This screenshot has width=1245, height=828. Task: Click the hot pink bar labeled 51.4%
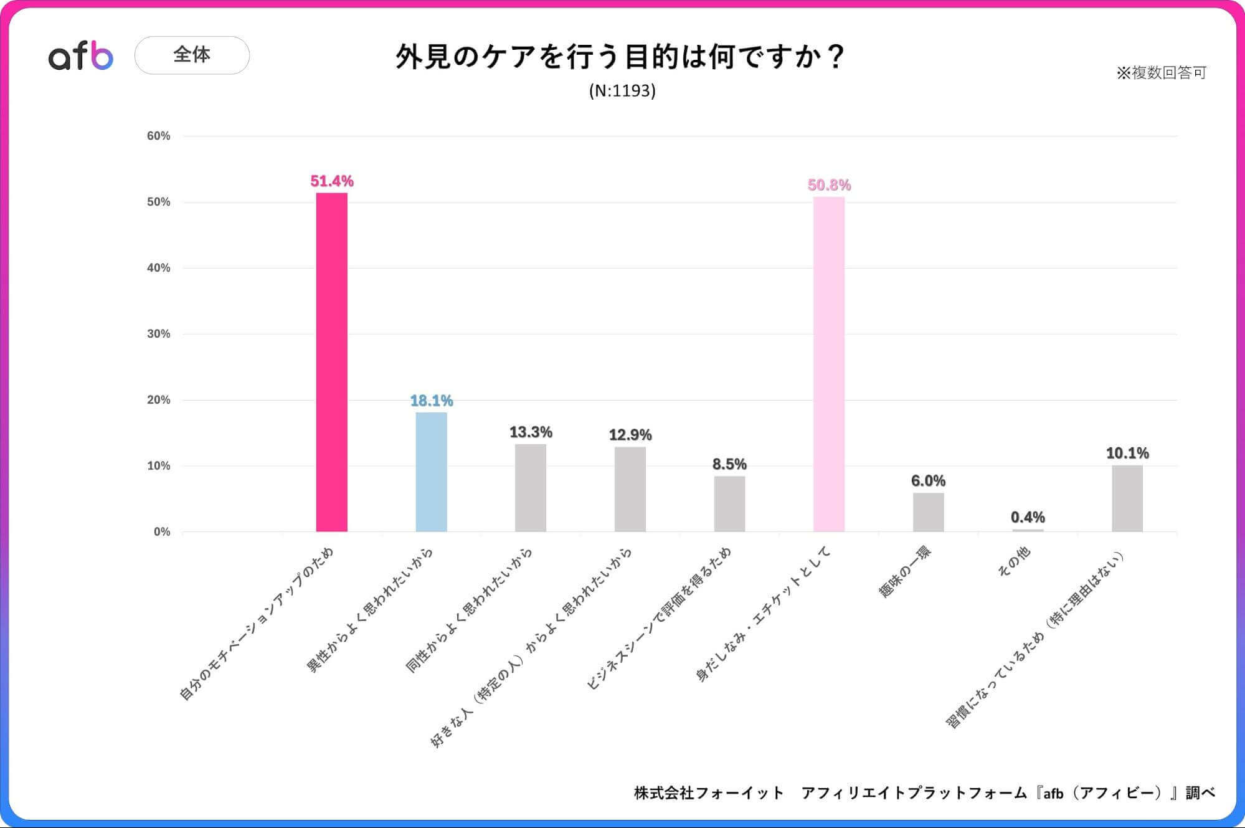pos(331,362)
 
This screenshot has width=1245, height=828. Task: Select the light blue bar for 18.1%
pos(431,472)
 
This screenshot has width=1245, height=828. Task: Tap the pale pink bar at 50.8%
pos(828,364)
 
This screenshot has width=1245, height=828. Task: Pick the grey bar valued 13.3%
pos(530,487)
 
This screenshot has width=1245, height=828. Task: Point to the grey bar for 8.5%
pos(729,503)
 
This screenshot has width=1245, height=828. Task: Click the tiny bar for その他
pos(1028,530)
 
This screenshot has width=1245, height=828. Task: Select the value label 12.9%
pos(630,434)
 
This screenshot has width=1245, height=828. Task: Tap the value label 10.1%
pos(1127,453)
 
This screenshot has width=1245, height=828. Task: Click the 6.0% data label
pos(928,480)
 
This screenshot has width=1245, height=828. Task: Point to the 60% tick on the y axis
pos(158,136)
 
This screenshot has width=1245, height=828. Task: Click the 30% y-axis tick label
pos(158,334)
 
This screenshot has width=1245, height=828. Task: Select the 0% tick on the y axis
pos(162,531)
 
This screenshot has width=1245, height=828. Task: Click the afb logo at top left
pos(81,57)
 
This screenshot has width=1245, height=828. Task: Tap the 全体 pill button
pos(192,55)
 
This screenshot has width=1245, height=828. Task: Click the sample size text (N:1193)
pos(622,91)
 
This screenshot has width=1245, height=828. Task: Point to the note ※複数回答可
pos(1161,73)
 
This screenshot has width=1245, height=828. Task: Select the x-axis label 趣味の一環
pos(904,572)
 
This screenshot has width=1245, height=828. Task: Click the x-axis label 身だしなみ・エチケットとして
pos(763,614)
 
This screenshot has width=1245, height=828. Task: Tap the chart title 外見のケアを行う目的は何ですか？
pos(620,56)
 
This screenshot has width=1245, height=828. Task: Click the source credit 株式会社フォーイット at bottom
pos(708,792)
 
